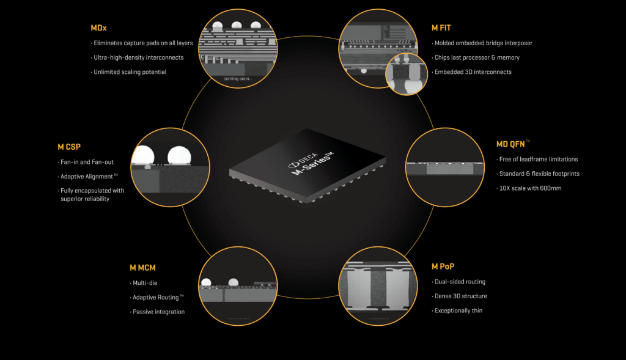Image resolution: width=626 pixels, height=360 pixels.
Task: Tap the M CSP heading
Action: point(69,147)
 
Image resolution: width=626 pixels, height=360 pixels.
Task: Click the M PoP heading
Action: point(443,266)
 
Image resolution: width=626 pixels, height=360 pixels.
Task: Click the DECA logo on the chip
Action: point(296,164)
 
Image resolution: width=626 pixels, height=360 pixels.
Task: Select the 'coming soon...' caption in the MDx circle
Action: point(237,79)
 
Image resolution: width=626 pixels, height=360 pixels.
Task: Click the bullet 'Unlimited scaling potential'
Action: point(130,72)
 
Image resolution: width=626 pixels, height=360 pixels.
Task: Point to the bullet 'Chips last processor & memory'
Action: point(476,57)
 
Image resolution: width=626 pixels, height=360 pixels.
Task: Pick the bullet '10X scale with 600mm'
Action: point(529,188)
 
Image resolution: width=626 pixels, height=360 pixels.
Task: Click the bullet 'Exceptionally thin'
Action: point(458,310)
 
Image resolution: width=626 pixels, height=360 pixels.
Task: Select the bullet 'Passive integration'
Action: point(158,312)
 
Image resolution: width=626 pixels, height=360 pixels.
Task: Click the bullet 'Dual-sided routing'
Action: point(459,282)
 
